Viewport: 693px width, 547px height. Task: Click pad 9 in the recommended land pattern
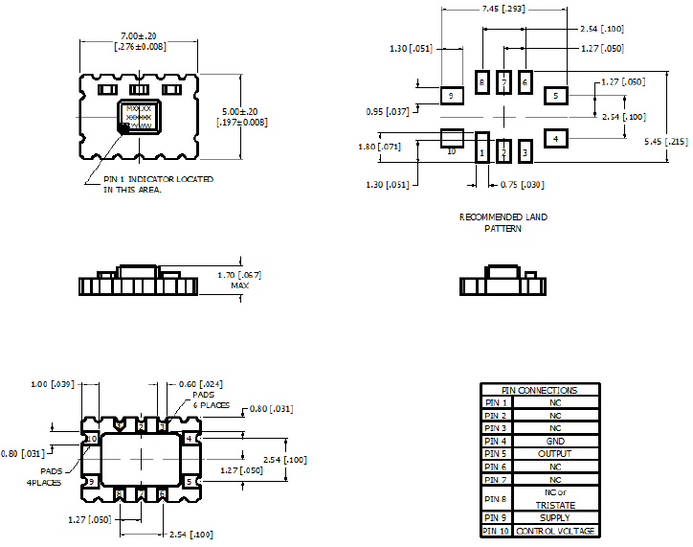451,95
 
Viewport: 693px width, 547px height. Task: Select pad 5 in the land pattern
556,95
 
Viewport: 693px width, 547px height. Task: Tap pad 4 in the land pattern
556,139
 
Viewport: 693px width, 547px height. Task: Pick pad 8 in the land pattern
482,82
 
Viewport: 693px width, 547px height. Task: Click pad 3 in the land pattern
525,151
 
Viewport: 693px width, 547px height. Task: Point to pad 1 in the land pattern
482,151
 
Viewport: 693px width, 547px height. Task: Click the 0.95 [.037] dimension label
388,112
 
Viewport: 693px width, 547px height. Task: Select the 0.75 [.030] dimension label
523,184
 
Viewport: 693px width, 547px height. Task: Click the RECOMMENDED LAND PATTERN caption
503,223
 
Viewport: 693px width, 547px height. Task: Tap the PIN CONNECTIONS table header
540,390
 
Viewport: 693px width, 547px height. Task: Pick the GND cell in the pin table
555,441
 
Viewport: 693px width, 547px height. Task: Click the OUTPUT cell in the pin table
555,454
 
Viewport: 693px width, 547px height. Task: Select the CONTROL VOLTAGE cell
555,531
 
